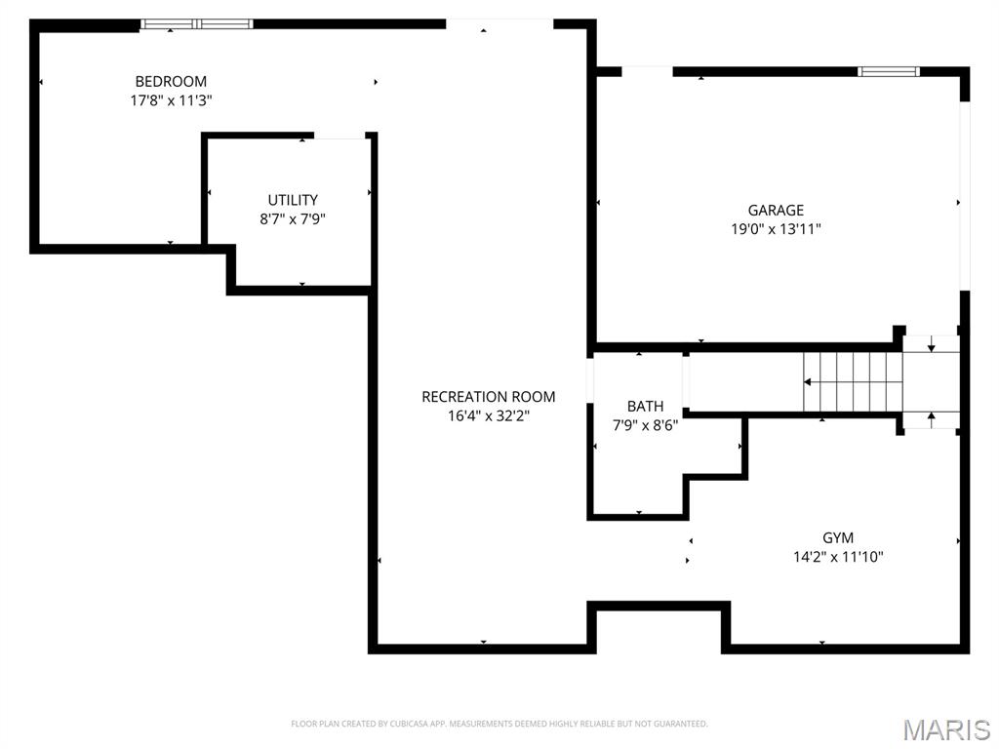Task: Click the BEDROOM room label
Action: [x=171, y=82]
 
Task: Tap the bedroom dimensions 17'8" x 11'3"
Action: [x=171, y=100]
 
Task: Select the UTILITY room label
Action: [x=293, y=200]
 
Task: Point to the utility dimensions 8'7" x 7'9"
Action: [x=293, y=219]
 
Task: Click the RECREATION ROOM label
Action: [x=489, y=397]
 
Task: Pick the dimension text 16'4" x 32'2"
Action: [x=489, y=415]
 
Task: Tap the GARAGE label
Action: [x=776, y=211]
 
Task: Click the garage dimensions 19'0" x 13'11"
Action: [x=776, y=229]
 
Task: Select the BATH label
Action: [x=646, y=407]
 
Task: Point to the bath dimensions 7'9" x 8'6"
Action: [x=646, y=425]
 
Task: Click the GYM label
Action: [x=838, y=537]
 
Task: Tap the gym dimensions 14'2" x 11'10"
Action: [x=838, y=557]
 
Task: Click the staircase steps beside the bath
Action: [x=853, y=382]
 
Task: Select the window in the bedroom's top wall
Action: [x=197, y=24]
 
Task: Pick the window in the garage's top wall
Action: [x=888, y=71]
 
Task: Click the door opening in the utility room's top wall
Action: [x=340, y=136]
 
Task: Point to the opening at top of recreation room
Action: [x=499, y=24]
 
